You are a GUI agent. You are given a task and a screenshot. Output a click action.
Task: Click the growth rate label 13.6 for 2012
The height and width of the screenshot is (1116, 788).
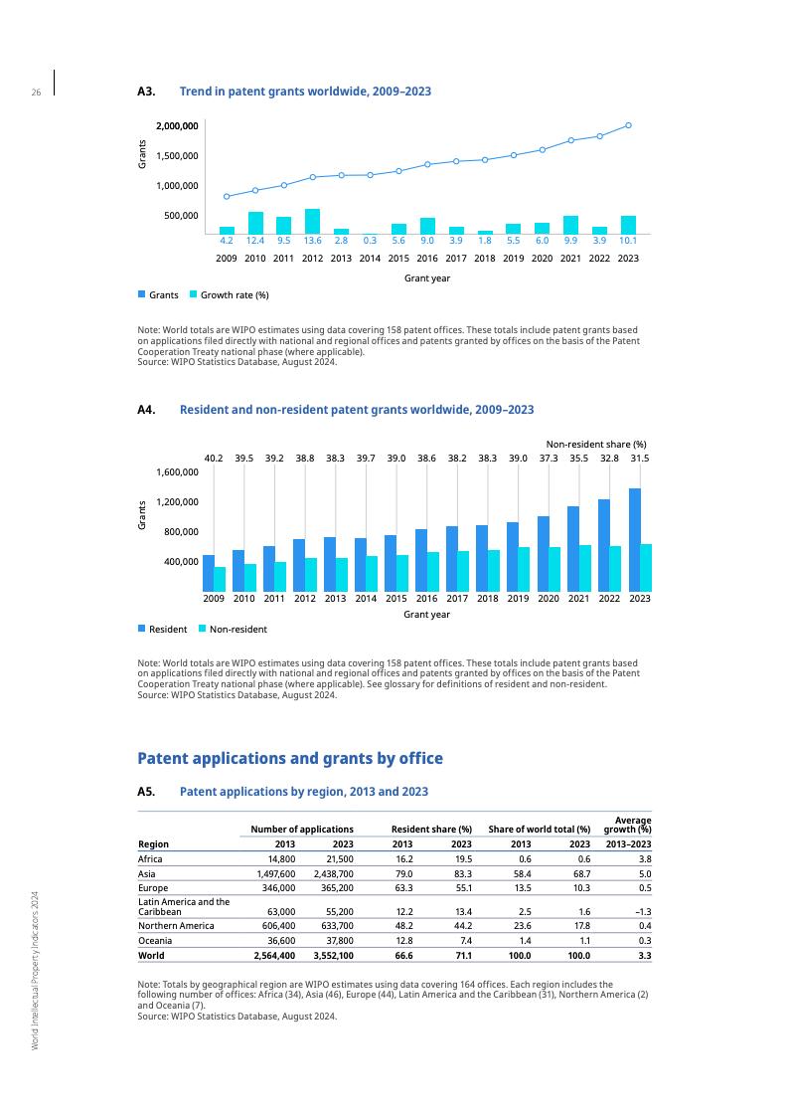[312, 240]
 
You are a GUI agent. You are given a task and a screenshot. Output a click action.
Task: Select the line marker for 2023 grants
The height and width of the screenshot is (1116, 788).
[628, 125]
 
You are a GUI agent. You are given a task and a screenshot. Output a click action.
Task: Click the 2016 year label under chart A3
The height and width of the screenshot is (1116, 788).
[427, 258]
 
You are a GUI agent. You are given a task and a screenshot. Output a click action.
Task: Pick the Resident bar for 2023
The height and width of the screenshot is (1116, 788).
[634, 539]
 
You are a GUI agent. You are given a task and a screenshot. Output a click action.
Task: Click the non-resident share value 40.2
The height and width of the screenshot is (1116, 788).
[213, 458]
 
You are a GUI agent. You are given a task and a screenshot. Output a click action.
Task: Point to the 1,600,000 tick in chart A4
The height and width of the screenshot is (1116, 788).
[177, 472]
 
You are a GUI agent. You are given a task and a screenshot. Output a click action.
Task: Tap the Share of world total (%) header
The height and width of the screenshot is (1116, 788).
[540, 829]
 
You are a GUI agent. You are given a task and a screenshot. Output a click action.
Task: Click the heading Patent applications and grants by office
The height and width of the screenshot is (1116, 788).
[289, 758]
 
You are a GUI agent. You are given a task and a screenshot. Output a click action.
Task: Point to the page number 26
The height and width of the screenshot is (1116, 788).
[36, 93]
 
